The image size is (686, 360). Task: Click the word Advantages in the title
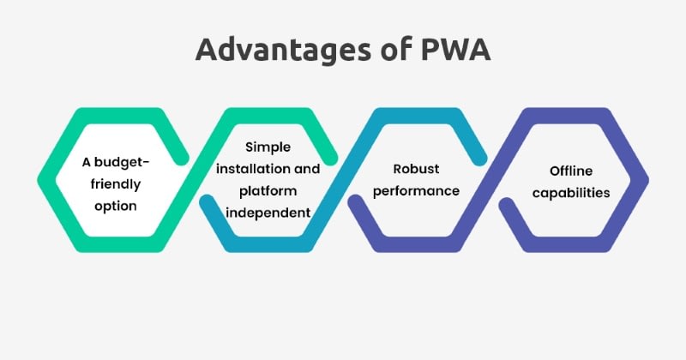277,49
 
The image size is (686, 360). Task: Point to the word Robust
416,168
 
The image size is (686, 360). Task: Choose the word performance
416,190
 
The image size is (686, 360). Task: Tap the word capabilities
571,192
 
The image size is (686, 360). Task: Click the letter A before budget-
87,161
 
